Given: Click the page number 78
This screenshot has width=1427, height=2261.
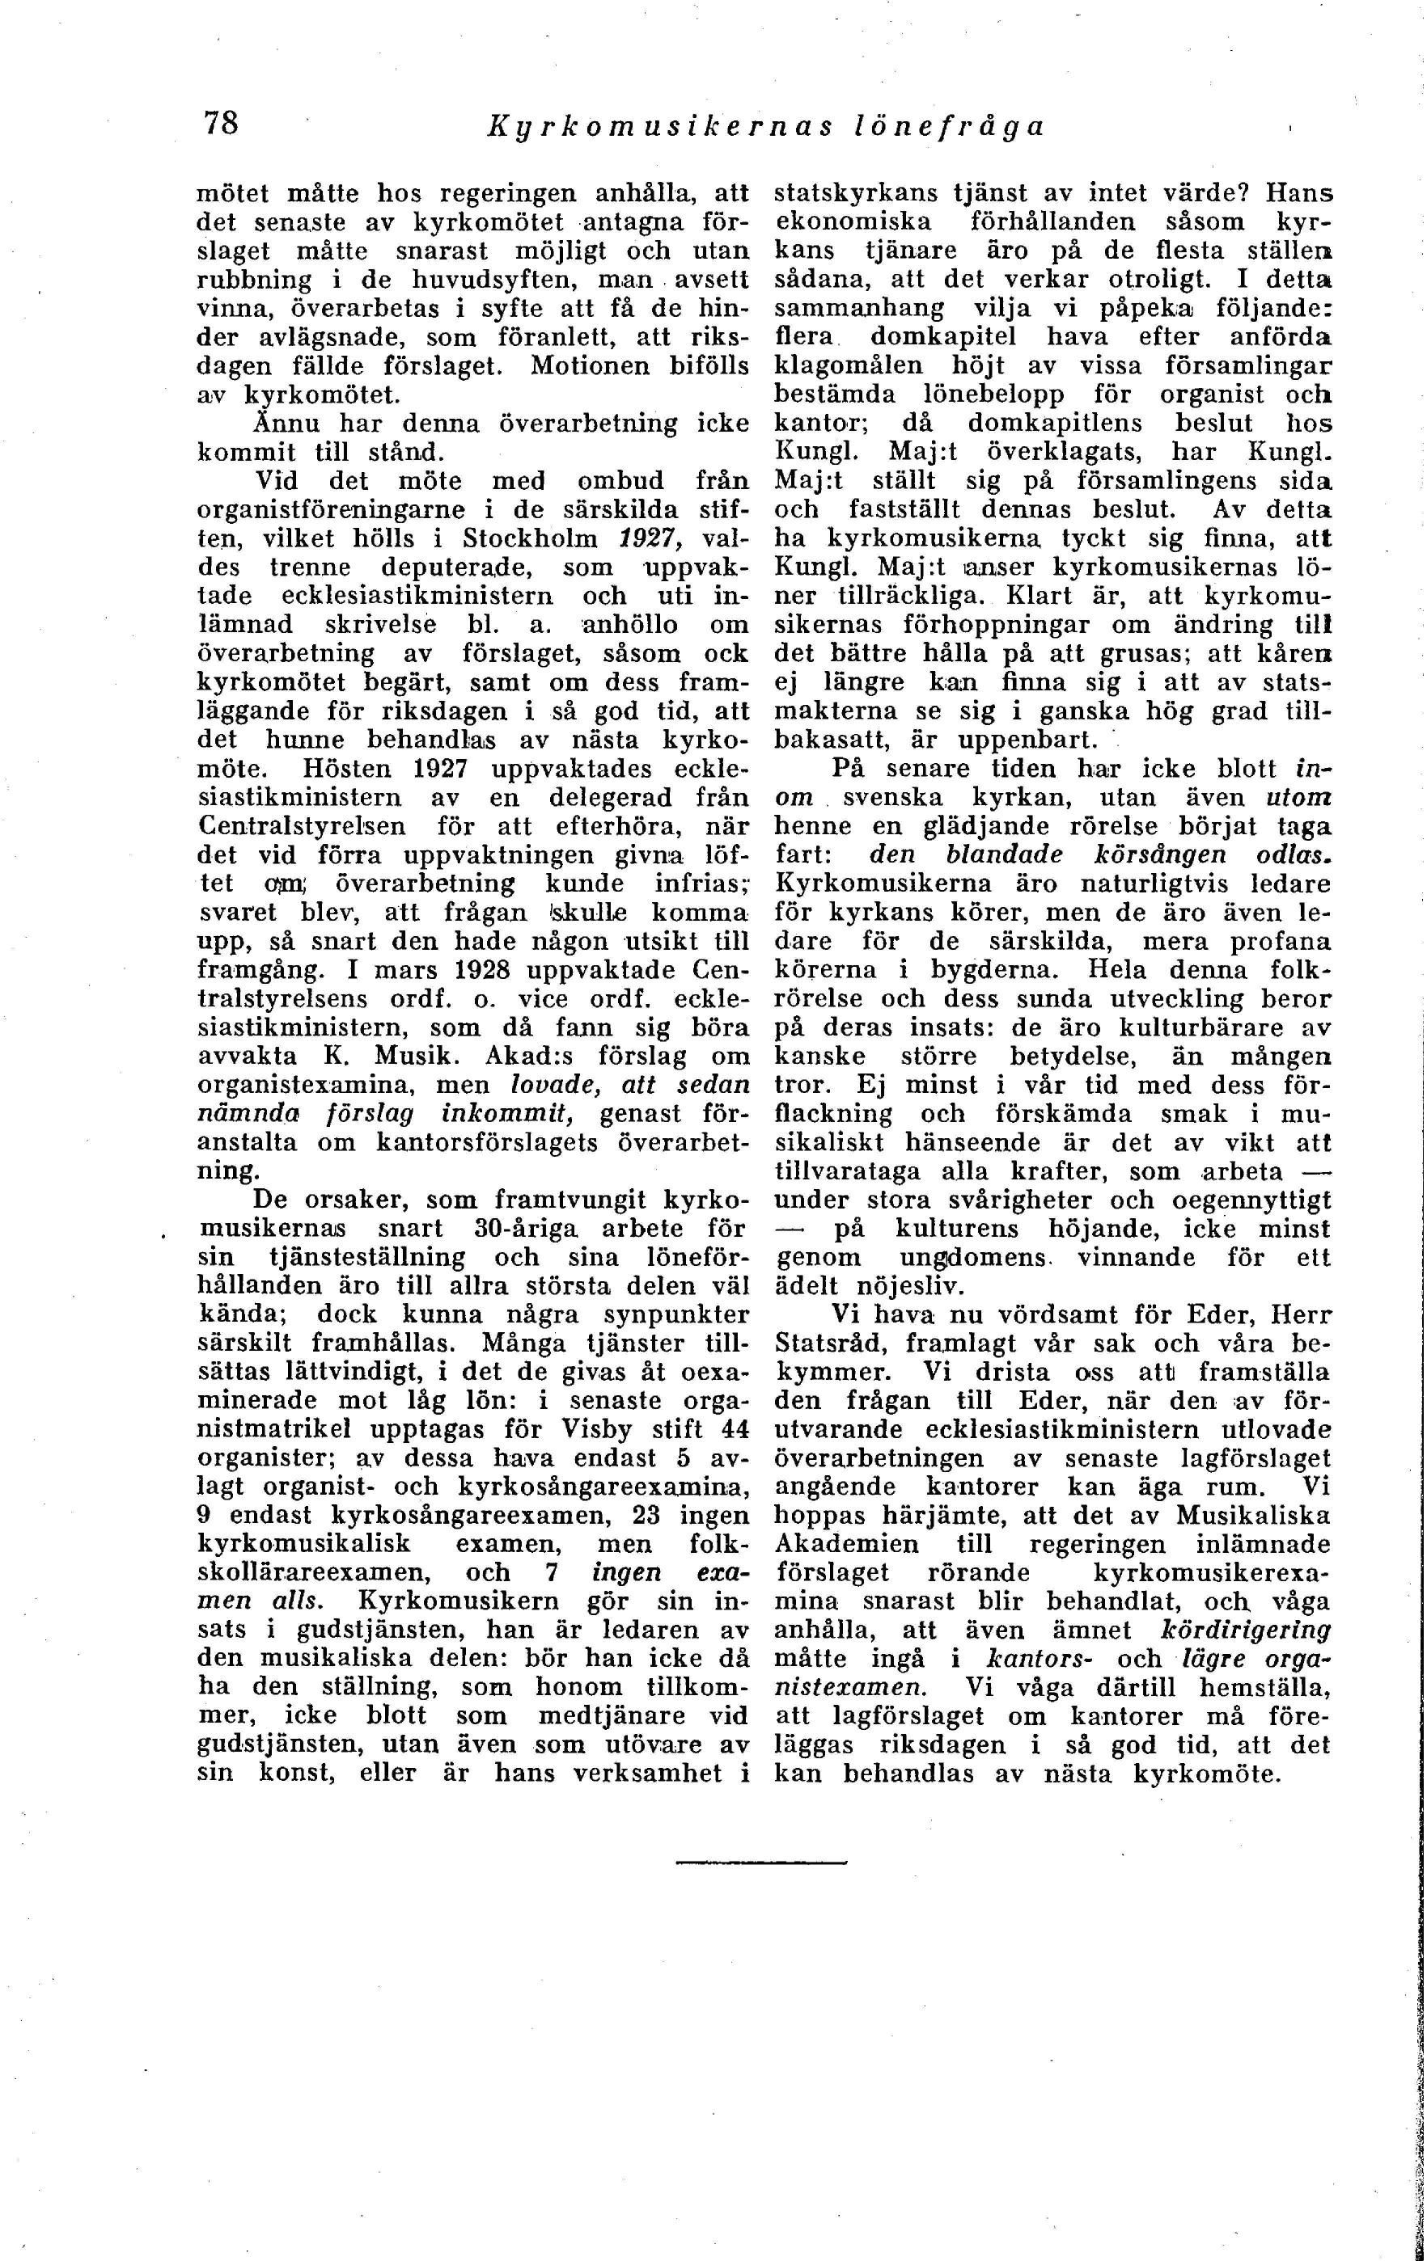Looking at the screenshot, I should [x=222, y=123].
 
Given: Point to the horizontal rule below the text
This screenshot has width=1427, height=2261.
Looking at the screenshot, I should [x=761, y=1860].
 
